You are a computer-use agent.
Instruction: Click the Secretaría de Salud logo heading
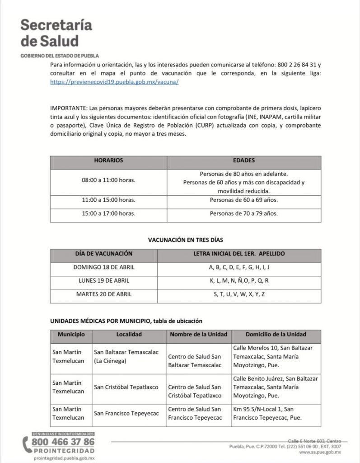coord(56,33)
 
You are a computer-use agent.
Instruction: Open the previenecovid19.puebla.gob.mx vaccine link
coord(115,82)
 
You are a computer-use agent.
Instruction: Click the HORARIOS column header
coord(108,161)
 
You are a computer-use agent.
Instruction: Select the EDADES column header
coord(244,161)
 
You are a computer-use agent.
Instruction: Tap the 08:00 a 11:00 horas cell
coord(108,180)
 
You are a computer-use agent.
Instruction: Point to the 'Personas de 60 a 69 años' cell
coord(244,199)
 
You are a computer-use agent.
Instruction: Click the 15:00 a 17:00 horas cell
coord(108,213)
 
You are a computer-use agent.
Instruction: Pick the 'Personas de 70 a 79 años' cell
coord(244,213)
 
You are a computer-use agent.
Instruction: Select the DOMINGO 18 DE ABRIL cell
coord(104,267)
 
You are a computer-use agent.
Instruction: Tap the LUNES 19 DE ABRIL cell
coord(104,280)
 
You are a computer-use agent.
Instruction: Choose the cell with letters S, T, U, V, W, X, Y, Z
coord(239,294)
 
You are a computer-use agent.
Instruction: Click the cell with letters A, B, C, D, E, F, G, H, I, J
coord(239,267)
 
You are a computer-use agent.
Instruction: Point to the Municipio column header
coord(70,335)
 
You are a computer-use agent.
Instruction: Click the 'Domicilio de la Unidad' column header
coord(276,335)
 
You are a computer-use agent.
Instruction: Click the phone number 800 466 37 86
coord(63,442)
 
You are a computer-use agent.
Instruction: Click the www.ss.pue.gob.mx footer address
coord(320,452)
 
